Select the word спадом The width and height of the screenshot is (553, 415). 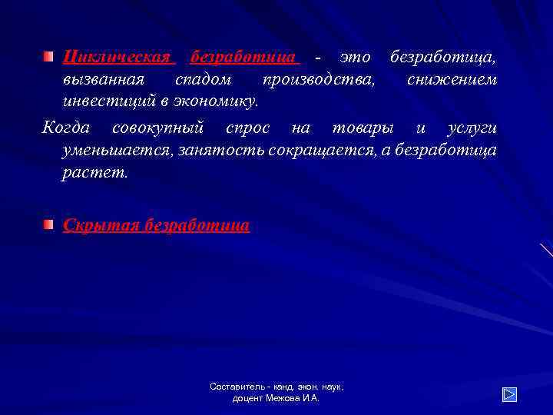click(x=203, y=79)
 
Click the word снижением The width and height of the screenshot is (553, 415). click(x=452, y=79)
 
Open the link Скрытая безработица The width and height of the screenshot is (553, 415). click(x=156, y=225)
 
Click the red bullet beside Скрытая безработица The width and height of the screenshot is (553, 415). click(x=48, y=224)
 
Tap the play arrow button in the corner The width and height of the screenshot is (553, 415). click(x=509, y=394)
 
